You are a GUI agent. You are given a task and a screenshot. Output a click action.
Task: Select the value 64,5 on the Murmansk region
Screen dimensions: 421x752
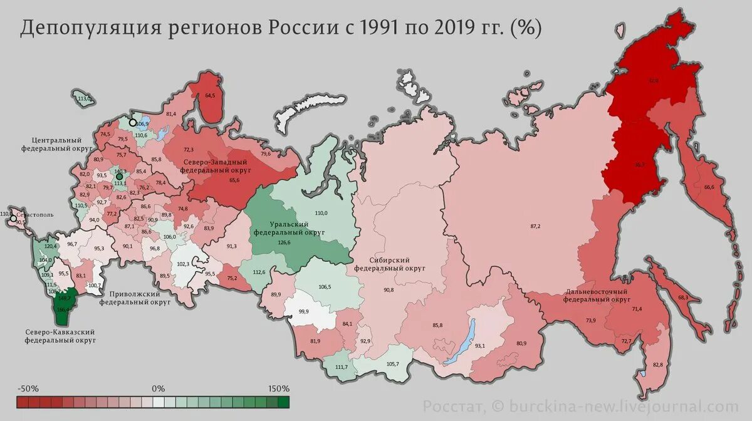[210, 95]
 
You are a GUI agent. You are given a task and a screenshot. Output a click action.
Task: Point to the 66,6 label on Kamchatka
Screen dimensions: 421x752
[709, 187]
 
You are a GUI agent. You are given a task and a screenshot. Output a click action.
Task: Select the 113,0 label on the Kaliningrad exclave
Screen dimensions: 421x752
[84, 99]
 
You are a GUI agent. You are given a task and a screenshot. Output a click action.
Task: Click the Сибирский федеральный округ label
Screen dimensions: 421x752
[390, 264]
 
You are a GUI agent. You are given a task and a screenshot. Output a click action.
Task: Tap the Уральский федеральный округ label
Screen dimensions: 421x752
[288, 227]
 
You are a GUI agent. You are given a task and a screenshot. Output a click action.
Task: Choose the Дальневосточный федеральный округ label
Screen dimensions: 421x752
[597, 295]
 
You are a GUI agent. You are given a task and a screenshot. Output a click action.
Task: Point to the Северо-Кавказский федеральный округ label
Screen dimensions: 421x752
[60, 336]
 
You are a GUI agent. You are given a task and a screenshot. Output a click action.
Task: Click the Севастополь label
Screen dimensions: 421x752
[35, 214]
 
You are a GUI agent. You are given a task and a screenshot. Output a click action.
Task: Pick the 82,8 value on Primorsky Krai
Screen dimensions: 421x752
[657, 365]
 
